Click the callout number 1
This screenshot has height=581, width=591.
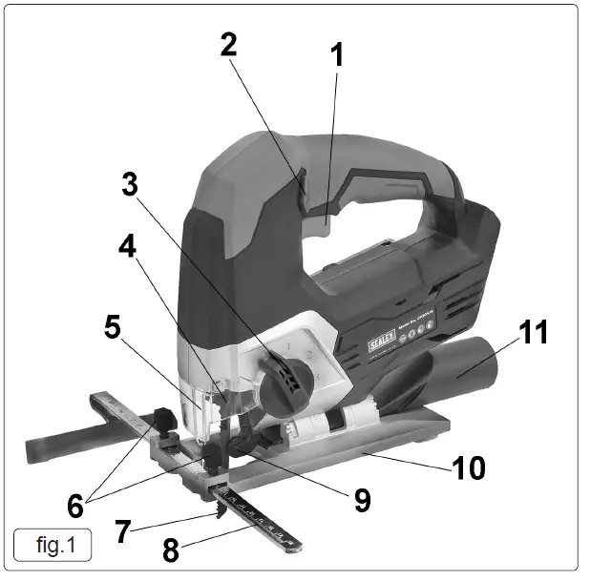[336, 54]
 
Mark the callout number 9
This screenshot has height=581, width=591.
[362, 499]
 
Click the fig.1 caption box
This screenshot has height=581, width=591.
[53, 546]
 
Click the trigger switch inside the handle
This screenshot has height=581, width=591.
[325, 221]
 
